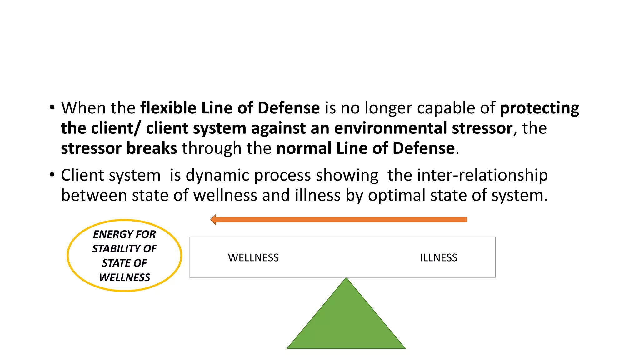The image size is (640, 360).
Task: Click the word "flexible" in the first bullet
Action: (x=168, y=108)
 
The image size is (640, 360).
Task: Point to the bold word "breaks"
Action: (x=152, y=148)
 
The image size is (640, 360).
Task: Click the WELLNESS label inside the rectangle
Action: (x=253, y=258)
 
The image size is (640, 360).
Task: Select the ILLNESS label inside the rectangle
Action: (x=438, y=258)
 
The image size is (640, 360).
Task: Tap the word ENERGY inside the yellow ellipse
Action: (x=112, y=234)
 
